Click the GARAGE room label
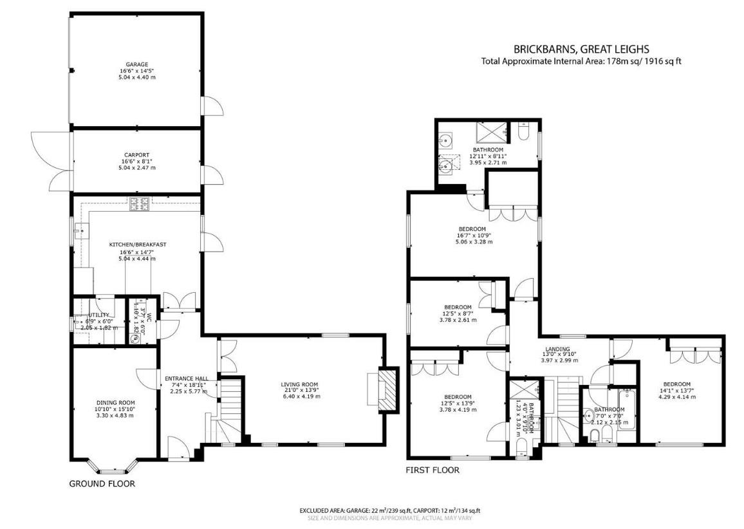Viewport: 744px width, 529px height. [136, 64]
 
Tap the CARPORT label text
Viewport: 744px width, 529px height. [136, 155]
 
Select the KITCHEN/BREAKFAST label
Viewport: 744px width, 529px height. [137, 245]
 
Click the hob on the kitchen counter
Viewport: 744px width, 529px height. [139, 204]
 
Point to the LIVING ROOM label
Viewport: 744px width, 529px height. [299, 385]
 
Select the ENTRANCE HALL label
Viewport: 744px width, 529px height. [184, 378]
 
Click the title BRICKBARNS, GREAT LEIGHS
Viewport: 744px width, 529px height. [581, 49]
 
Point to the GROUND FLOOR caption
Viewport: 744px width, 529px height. [102, 483]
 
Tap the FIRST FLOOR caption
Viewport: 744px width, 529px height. [432, 470]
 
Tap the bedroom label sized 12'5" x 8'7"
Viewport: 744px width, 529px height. [458, 307]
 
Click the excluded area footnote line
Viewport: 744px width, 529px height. [389, 510]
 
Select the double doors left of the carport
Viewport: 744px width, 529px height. [51, 160]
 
